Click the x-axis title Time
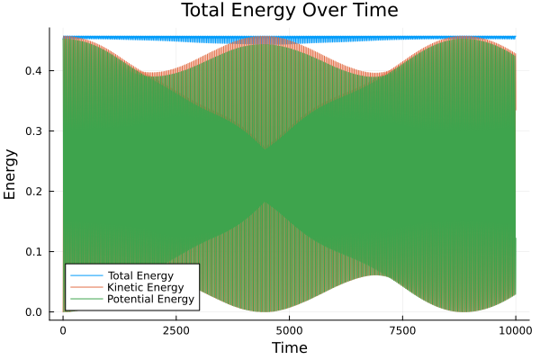[289, 347]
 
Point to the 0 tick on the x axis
[62, 328]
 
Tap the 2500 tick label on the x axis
[175, 328]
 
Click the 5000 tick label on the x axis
[289, 328]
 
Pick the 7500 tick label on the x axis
[401, 328]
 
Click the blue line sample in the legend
[85, 274]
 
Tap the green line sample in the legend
[85, 299]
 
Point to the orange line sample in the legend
[85, 287]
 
